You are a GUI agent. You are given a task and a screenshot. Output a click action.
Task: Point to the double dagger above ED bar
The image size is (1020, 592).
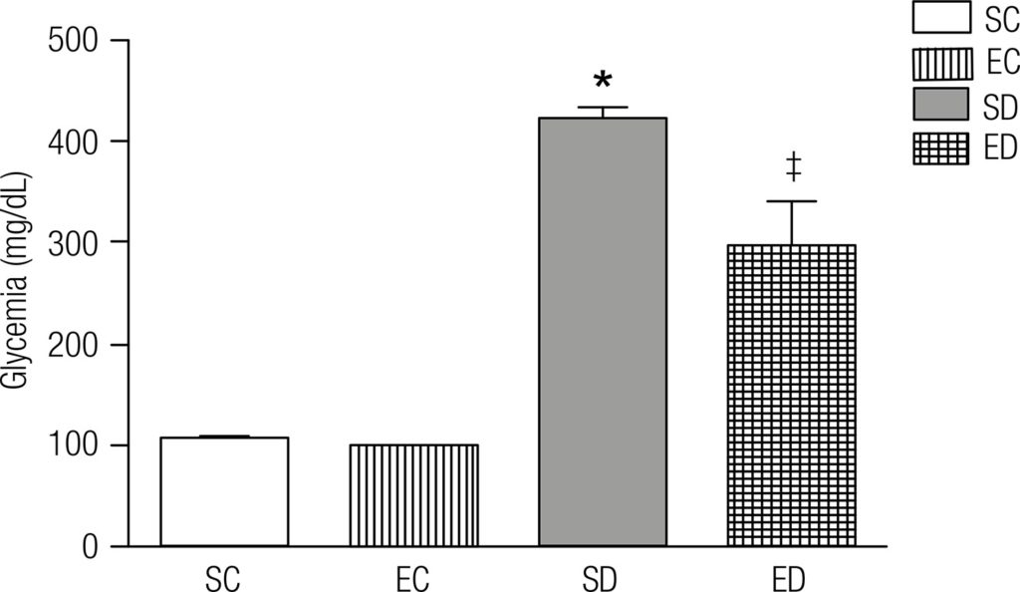coord(794,166)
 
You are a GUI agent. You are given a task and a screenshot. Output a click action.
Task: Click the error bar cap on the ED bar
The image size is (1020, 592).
coord(793,201)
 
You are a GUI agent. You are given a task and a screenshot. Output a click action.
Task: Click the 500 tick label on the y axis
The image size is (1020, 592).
coord(75,41)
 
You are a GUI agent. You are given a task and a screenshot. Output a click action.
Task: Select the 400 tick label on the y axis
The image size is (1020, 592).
coord(75,142)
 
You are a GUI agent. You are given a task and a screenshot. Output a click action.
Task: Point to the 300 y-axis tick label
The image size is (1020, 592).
coord(75,242)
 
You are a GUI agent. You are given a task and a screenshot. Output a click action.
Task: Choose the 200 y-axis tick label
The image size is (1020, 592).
coord(75,345)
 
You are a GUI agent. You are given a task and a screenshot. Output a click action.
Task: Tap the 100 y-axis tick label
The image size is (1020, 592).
coord(75,445)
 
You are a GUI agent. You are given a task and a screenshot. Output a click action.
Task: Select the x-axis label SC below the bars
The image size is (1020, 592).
coord(223,579)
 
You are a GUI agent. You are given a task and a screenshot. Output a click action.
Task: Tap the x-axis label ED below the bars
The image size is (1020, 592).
coord(793,579)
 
